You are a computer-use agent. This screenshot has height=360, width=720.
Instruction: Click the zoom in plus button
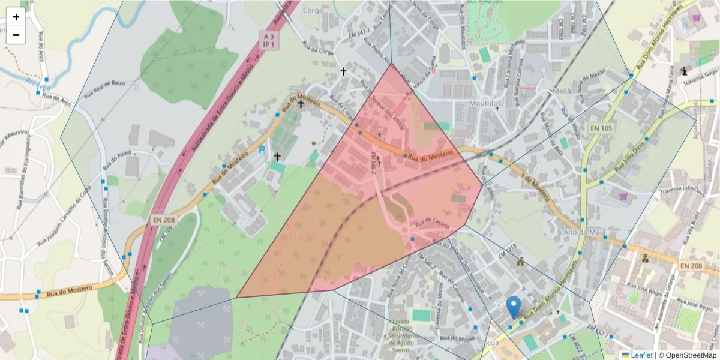tap(16, 17)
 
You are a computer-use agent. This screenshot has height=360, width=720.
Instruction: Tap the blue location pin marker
tap(513, 307)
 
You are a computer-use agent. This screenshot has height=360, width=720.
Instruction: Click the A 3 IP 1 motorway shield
tap(269, 40)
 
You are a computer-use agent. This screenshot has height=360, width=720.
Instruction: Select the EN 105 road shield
tap(600, 128)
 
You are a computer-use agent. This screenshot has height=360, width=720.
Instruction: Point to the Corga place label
tap(313, 10)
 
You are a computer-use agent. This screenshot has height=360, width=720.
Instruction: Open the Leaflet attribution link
tap(641, 355)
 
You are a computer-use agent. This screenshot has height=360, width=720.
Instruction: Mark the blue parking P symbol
tap(262, 150)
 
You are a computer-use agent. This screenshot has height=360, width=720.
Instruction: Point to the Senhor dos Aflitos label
tap(387, 110)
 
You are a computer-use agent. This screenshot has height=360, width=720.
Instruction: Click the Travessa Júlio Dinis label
tap(682, 190)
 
